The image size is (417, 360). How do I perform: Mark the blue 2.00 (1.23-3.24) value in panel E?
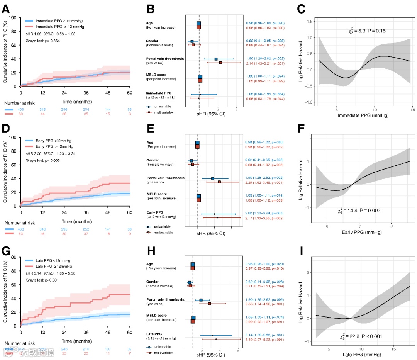[262, 213]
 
